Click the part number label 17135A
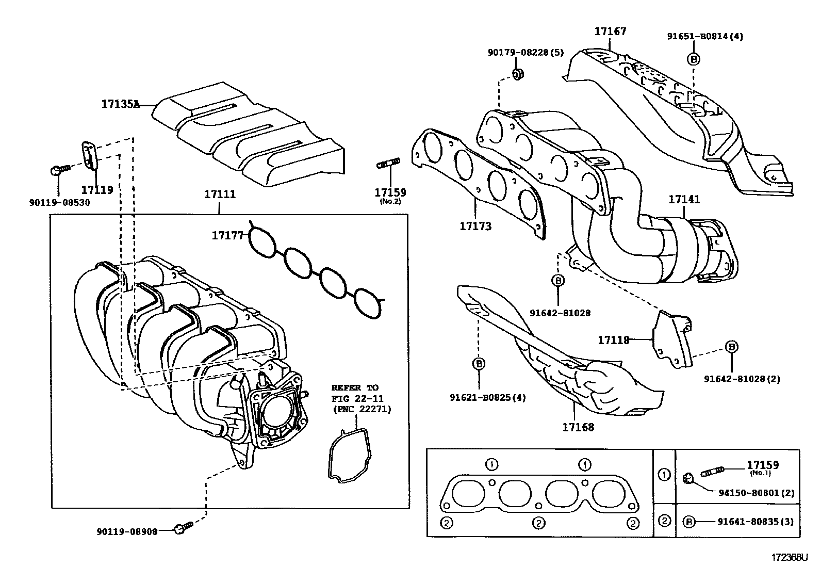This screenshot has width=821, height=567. [x=120, y=104]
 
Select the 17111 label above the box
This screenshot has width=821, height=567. [x=220, y=195]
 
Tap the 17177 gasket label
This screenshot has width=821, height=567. [x=227, y=236]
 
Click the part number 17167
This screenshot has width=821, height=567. [x=610, y=31]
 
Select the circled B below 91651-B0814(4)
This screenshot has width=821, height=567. [x=694, y=59]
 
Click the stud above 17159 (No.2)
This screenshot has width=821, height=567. [x=388, y=165]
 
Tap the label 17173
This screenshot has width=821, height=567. [x=475, y=226]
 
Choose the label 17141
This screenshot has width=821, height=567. [x=684, y=199]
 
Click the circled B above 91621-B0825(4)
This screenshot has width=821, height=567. [x=479, y=364]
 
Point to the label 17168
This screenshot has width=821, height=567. [x=578, y=427]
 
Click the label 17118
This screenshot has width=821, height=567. [x=614, y=340]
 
